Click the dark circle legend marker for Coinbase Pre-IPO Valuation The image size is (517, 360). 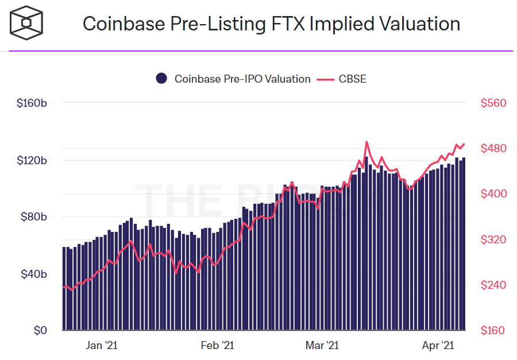(161, 79)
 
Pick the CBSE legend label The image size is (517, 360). (352, 79)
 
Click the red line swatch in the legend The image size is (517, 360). (325, 79)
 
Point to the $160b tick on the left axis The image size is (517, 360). (32, 103)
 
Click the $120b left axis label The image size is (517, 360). (32, 160)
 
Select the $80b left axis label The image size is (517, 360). (34, 217)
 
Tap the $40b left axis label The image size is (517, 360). (34, 274)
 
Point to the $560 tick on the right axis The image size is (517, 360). (493, 103)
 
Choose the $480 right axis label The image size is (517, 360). (493, 149)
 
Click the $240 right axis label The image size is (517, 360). (493, 285)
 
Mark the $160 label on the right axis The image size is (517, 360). (493, 331)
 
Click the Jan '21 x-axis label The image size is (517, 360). (102, 346)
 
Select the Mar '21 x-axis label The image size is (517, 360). (322, 346)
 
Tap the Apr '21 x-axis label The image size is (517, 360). (438, 346)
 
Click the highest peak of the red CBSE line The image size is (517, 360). (366, 142)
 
